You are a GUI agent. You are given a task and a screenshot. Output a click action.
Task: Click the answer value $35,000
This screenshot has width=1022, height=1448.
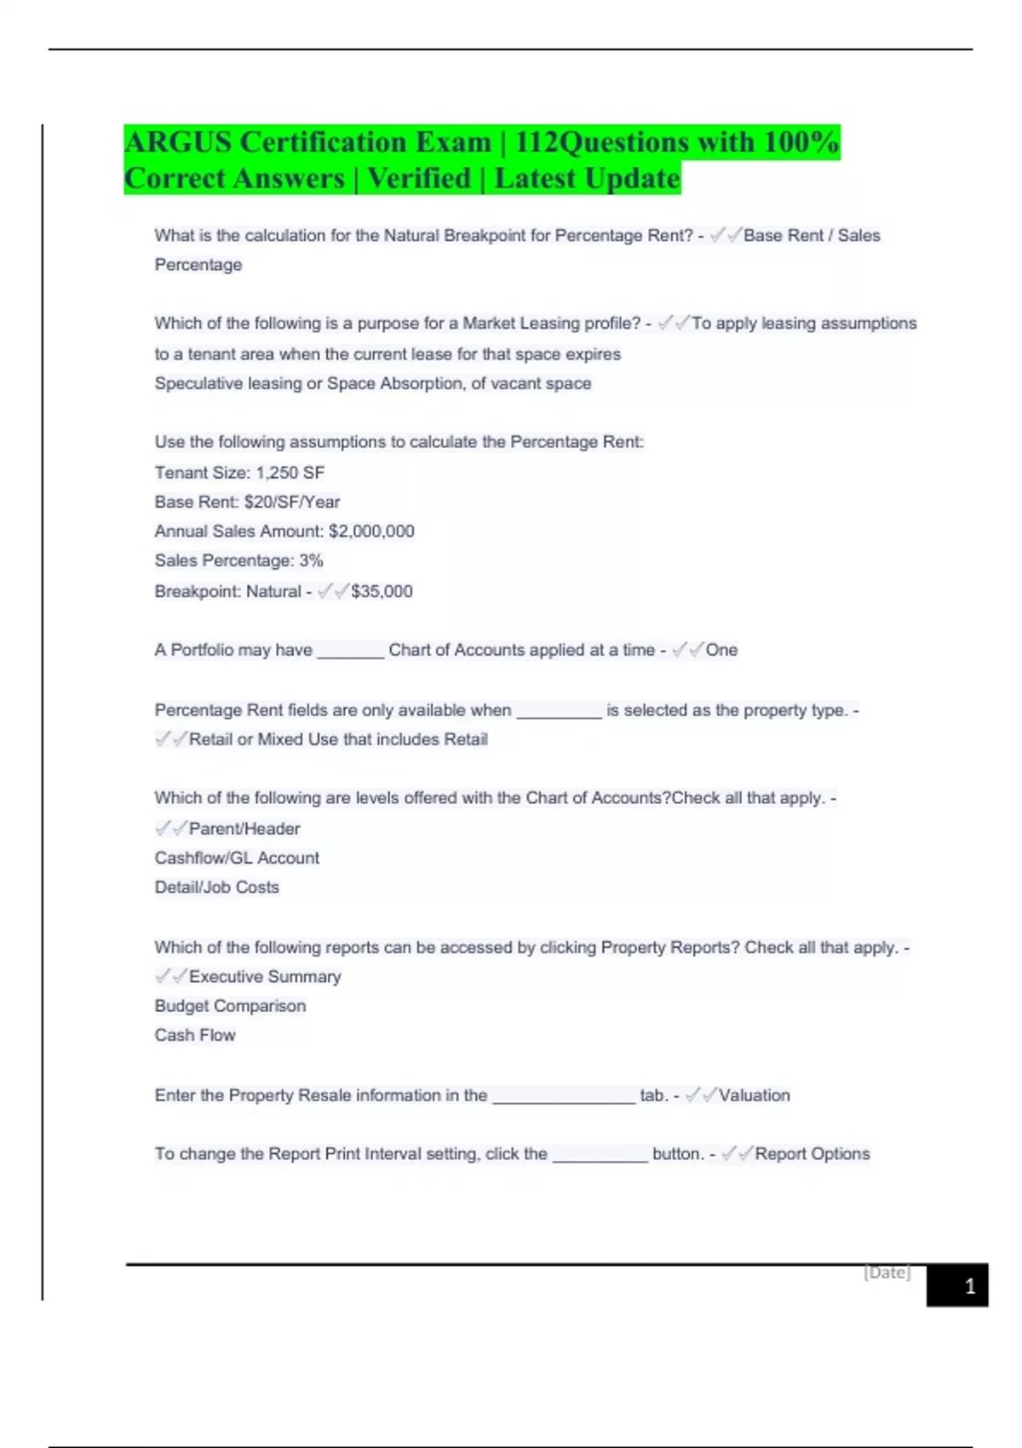[382, 591]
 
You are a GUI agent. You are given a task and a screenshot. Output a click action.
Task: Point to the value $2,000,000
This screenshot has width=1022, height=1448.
[371, 532]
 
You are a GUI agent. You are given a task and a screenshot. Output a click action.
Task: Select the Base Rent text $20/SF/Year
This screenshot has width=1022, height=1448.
[291, 503]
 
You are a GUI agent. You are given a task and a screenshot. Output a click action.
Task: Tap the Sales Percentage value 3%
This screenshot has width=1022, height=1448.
[311, 561]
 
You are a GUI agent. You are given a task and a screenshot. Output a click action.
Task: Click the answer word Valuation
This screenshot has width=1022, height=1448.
[754, 1095]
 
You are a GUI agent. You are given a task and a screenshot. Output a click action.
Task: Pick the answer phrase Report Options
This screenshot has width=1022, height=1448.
[812, 1154]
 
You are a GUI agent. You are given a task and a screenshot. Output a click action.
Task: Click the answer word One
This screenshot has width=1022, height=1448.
[721, 650]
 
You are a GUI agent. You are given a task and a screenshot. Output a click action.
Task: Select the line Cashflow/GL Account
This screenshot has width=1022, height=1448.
[237, 858]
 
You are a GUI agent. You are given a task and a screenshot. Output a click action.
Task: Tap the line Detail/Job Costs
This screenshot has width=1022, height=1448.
[216, 888]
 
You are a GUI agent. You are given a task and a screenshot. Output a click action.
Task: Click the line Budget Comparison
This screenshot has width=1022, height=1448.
[230, 1006]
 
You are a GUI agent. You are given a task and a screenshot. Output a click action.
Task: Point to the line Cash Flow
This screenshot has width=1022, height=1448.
[195, 1036]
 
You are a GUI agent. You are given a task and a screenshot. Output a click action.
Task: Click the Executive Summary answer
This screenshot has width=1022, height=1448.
[265, 977]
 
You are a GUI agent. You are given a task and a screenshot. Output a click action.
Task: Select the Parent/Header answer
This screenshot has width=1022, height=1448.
[244, 829]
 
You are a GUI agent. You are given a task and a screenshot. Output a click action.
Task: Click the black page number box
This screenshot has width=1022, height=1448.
[957, 1285]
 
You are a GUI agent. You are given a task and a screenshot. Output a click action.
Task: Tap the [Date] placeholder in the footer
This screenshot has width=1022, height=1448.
[887, 1273]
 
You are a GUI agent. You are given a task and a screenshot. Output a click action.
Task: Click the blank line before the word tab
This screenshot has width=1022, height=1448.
[564, 1099]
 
